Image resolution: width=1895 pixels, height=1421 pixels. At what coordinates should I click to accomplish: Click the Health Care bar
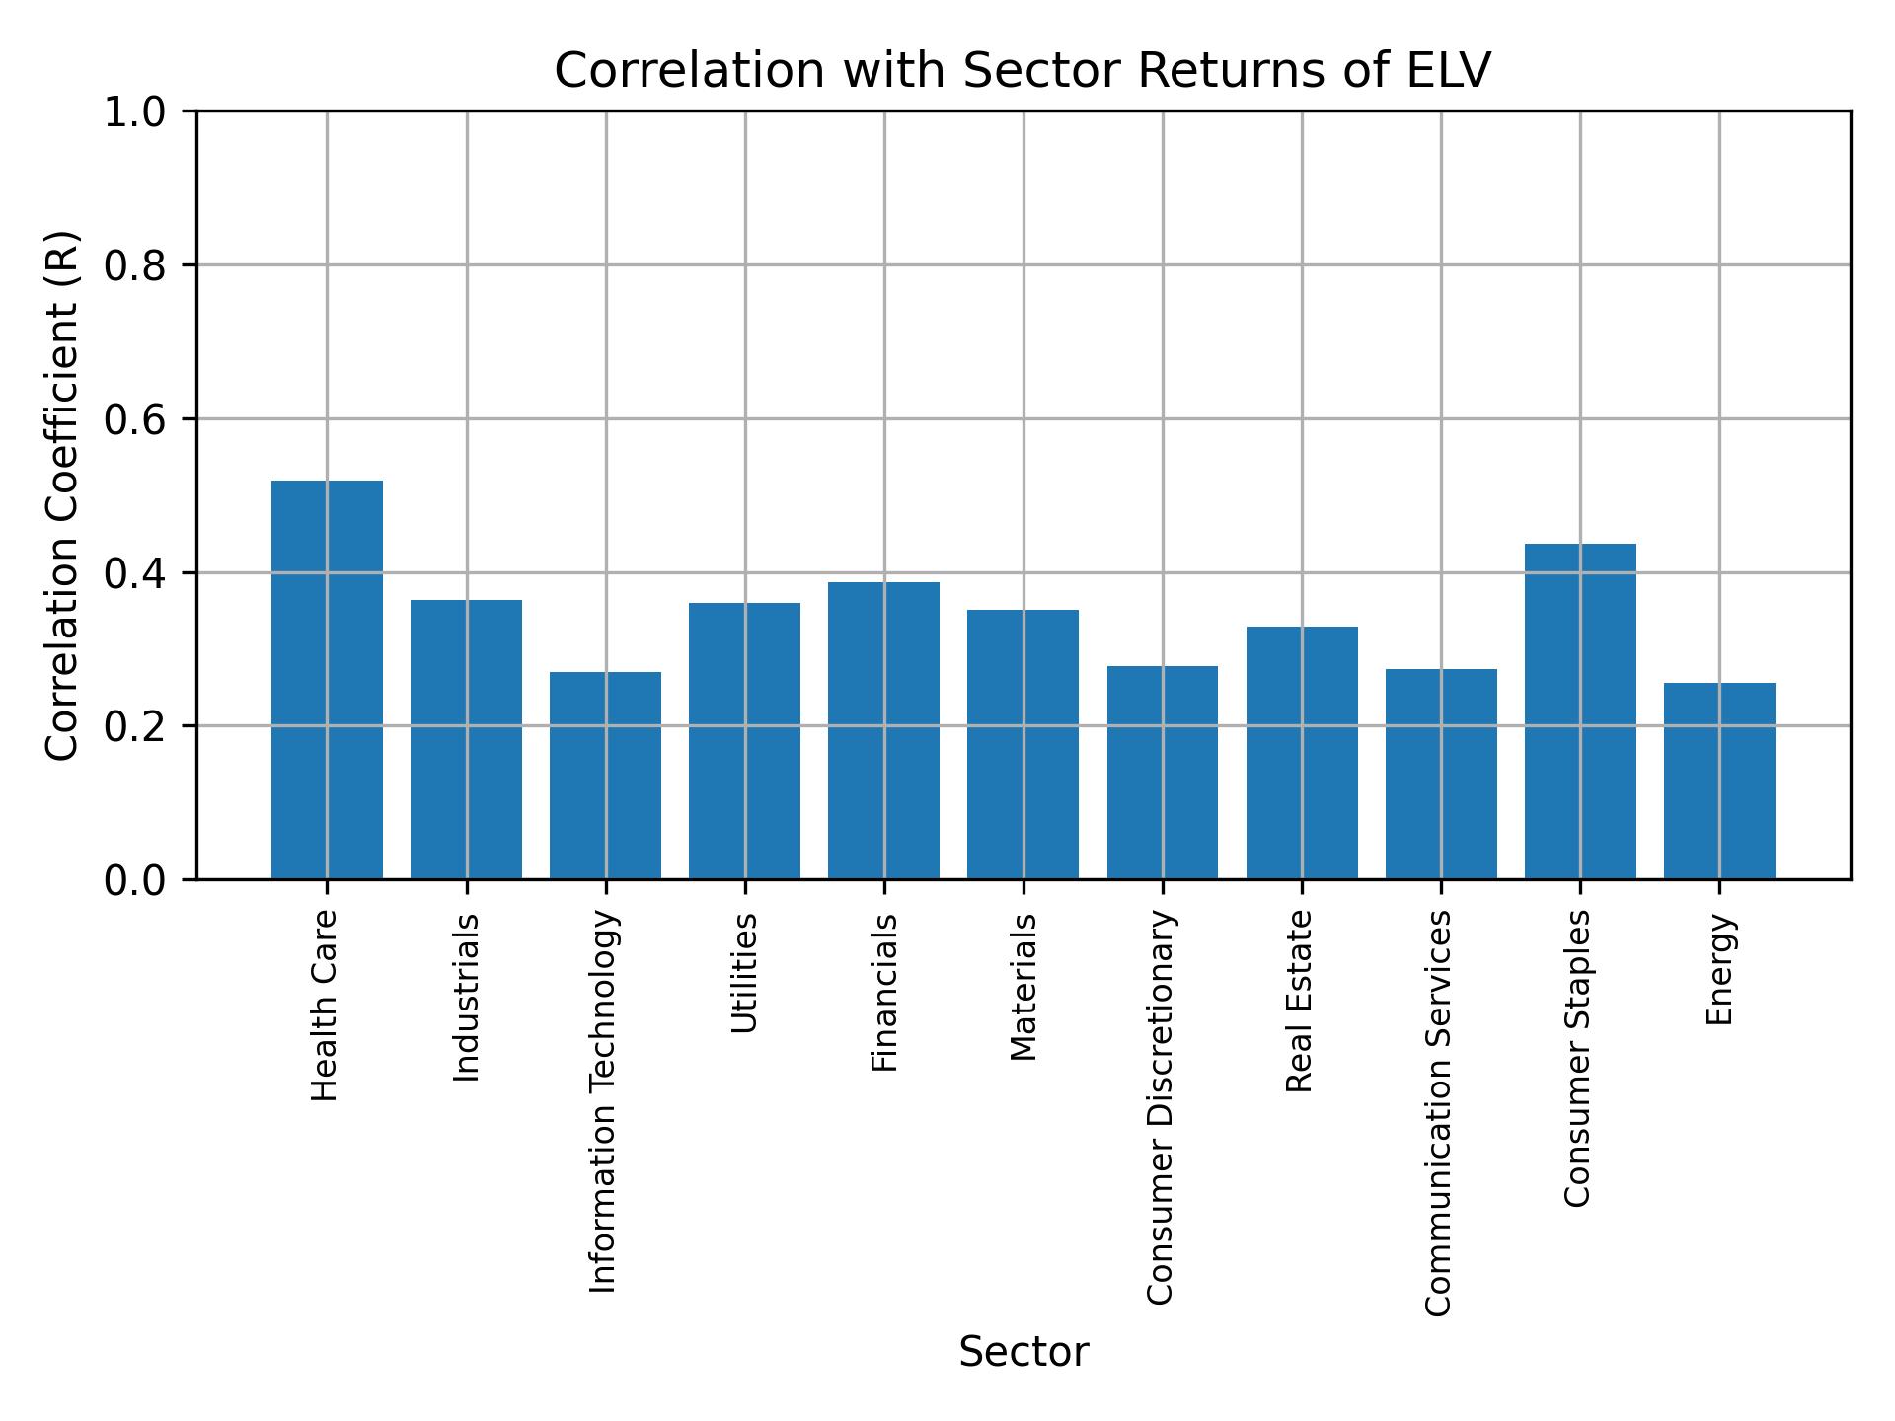pyautogui.click(x=327, y=680)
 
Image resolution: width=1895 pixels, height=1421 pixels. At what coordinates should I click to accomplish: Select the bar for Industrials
pyautogui.click(x=466, y=739)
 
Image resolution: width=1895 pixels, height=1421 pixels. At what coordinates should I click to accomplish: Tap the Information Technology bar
pyautogui.click(x=605, y=776)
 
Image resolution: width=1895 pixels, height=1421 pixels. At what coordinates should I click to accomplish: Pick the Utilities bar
pyautogui.click(x=744, y=741)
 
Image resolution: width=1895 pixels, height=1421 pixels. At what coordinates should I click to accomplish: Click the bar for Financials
pyautogui.click(x=883, y=730)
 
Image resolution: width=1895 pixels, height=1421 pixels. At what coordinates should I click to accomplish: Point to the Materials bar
pyautogui.click(x=1023, y=744)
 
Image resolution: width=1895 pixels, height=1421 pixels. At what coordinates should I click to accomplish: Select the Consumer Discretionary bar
pyautogui.click(x=1162, y=773)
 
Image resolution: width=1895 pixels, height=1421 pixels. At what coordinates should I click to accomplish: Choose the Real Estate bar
pyautogui.click(x=1301, y=753)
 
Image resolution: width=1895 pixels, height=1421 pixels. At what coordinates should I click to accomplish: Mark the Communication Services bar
pyautogui.click(x=1441, y=774)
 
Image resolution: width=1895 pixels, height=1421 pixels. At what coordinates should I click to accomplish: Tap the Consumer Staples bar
pyautogui.click(x=1580, y=711)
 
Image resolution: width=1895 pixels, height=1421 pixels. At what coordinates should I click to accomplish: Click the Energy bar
pyautogui.click(x=1719, y=781)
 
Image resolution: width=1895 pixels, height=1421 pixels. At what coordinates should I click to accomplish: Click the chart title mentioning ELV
pyautogui.click(x=1023, y=71)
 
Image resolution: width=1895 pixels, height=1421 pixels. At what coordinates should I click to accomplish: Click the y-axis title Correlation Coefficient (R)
pyautogui.click(x=62, y=495)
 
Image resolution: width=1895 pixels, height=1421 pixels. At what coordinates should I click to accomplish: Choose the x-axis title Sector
pyautogui.click(x=1023, y=1352)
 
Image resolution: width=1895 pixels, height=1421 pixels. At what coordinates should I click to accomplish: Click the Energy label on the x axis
pyautogui.click(x=1719, y=970)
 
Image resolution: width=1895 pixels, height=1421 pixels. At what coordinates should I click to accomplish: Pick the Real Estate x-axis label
pyautogui.click(x=1300, y=1001)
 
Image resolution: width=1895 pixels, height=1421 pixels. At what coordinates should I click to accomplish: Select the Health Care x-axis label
pyautogui.click(x=325, y=1006)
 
